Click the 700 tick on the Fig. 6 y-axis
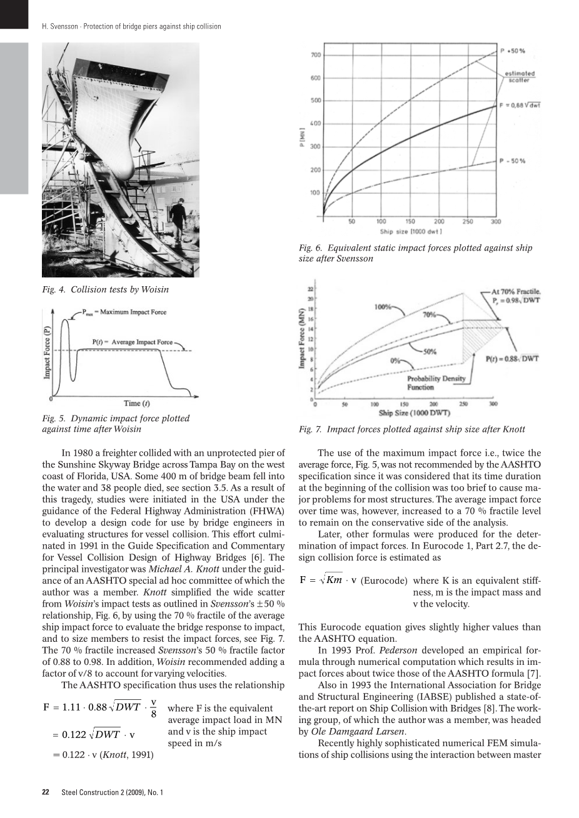click(x=316, y=55)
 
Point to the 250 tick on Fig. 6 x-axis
click(x=468, y=221)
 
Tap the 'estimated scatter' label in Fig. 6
click(x=520, y=76)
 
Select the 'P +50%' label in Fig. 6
click(x=513, y=50)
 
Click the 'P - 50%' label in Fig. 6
click(x=512, y=161)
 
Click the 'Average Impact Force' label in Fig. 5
click(x=133, y=342)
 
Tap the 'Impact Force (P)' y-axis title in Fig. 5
click(x=47, y=355)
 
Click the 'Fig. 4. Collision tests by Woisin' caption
click(x=105, y=289)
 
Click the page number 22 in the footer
click(x=46, y=792)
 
